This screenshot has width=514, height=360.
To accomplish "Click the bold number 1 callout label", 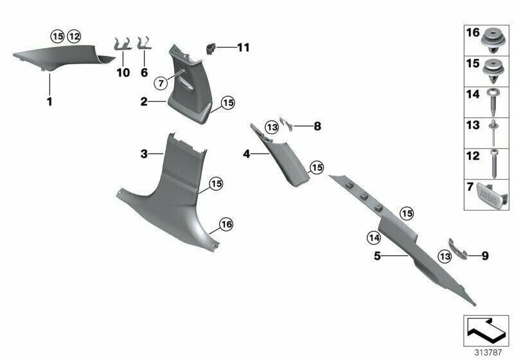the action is click(x=49, y=102).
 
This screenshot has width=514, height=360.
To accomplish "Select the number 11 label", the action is click(x=244, y=48).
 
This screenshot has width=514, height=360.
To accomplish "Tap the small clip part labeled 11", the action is click(x=210, y=48).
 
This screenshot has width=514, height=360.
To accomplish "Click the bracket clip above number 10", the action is click(x=123, y=44).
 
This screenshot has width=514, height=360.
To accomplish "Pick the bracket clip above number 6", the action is click(x=145, y=43).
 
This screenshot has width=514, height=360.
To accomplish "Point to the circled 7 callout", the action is click(x=161, y=84).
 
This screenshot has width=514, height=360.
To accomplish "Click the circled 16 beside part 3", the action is click(x=226, y=224).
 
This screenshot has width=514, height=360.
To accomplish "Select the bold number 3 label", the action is click(x=144, y=154).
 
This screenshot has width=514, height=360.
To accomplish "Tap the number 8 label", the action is click(x=317, y=126).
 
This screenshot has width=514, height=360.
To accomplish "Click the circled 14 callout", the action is click(x=374, y=238).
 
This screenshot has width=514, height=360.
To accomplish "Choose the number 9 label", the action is click(x=485, y=256).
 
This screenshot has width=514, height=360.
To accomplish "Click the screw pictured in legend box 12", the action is click(x=494, y=164).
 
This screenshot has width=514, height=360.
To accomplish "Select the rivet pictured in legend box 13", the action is click(x=493, y=133).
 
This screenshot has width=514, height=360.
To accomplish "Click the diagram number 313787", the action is click(x=488, y=353).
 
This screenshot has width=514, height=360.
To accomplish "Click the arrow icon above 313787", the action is click(x=486, y=330).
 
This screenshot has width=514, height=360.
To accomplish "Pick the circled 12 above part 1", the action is click(x=74, y=37).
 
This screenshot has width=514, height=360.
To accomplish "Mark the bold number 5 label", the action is click(x=377, y=256).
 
